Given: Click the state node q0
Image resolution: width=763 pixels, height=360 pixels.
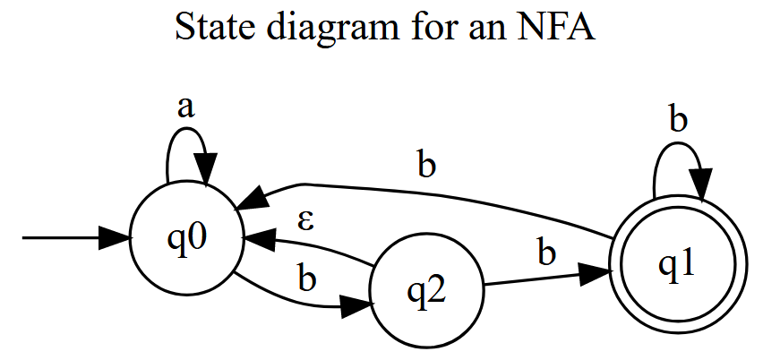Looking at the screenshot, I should point(184,239).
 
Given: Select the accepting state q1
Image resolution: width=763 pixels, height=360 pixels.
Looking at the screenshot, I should point(678,264).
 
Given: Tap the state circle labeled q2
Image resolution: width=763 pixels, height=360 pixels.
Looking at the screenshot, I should point(427,290).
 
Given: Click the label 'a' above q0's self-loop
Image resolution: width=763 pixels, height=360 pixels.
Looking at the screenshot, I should point(185,107).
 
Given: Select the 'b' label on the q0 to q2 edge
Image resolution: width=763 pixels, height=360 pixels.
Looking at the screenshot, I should point(307,279).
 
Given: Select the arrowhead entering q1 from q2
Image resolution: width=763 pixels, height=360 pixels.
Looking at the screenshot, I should point(595,272).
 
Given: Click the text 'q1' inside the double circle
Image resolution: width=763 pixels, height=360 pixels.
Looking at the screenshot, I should point(678,264).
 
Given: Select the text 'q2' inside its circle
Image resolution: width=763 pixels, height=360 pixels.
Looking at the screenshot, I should point(427,291).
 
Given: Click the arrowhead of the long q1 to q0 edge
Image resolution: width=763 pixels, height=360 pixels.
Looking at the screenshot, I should point(252,198).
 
